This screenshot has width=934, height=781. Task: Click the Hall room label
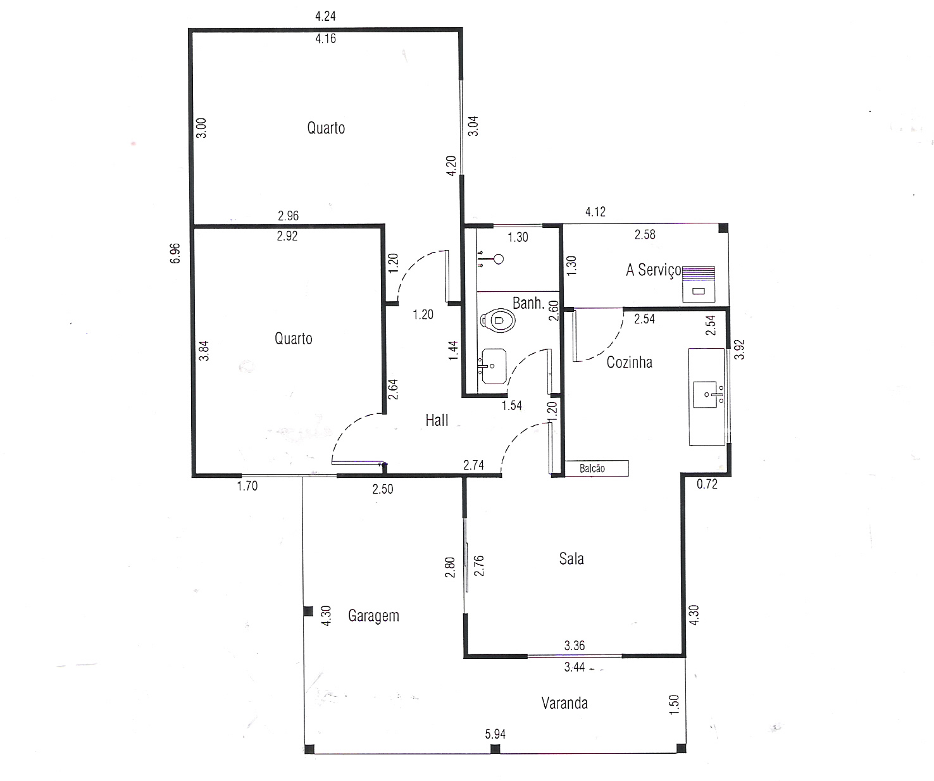click(437, 420)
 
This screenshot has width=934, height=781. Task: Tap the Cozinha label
click(629, 362)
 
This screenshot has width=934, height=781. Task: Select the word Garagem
click(373, 616)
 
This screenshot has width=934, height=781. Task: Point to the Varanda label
click(564, 703)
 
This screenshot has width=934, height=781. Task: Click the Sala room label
click(571, 559)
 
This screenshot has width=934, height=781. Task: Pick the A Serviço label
click(654, 270)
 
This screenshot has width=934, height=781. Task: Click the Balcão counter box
click(597, 468)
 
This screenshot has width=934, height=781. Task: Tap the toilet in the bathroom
click(497, 320)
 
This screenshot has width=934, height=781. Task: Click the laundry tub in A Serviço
click(698, 284)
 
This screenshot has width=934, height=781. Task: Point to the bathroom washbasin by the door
click(493, 366)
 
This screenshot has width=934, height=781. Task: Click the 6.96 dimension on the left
click(175, 253)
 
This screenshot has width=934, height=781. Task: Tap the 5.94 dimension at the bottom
click(495, 734)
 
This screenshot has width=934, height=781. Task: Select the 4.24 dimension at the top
click(325, 16)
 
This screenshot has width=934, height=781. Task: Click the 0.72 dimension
click(707, 484)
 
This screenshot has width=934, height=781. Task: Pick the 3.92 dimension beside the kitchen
click(740, 349)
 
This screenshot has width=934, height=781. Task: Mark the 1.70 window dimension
click(247, 486)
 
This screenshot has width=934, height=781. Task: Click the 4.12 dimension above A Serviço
click(595, 211)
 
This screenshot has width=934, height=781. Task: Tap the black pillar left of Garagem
click(308, 611)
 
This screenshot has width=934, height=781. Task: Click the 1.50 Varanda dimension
click(674, 704)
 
